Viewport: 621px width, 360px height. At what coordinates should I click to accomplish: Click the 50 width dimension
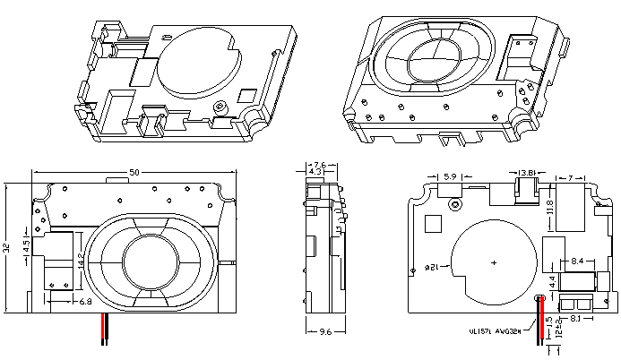[x=134, y=171]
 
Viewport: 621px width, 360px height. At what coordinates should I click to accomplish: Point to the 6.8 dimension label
[x=86, y=303]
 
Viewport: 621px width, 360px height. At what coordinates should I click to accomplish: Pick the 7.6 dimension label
[x=320, y=164]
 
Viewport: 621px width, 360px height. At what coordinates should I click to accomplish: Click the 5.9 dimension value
[x=450, y=176]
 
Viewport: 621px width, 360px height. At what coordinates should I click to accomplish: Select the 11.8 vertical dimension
[x=549, y=209]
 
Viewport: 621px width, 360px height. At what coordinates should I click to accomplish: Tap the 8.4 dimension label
[x=578, y=261]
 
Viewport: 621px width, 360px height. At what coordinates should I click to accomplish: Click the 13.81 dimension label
[x=528, y=173]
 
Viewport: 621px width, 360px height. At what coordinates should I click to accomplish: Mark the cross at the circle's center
[x=495, y=262]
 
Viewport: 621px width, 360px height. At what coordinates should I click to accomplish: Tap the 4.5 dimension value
[x=27, y=244]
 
